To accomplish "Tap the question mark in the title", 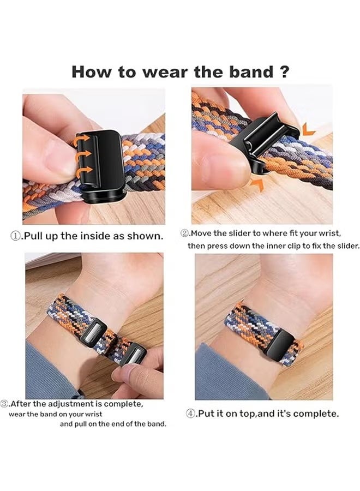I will click(283, 72).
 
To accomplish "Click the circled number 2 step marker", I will click(185, 233).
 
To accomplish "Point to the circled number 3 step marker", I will click(5, 404).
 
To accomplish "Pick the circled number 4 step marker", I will click(191, 414).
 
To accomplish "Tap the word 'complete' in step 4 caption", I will click(315, 414).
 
